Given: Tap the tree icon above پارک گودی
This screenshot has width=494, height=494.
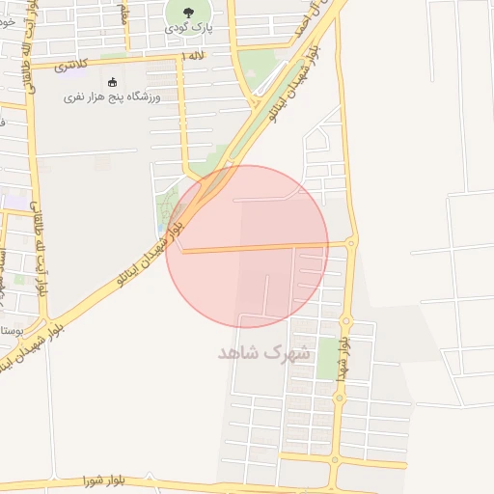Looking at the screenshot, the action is pyautogui.click(x=186, y=12).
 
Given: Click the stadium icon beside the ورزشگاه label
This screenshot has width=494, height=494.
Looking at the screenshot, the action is pyautogui.click(x=113, y=82).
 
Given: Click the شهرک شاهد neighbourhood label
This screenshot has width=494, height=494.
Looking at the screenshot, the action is pyautogui.click(x=265, y=352).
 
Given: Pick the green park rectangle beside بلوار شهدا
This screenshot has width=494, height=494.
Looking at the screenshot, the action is pyautogui.click(x=328, y=357).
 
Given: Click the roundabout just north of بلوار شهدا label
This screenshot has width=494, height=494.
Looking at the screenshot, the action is pyautogui.click(x=346, y=319).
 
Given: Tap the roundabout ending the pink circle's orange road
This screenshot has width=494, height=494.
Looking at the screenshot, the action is pyautogui.click(x=351, y=242).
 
